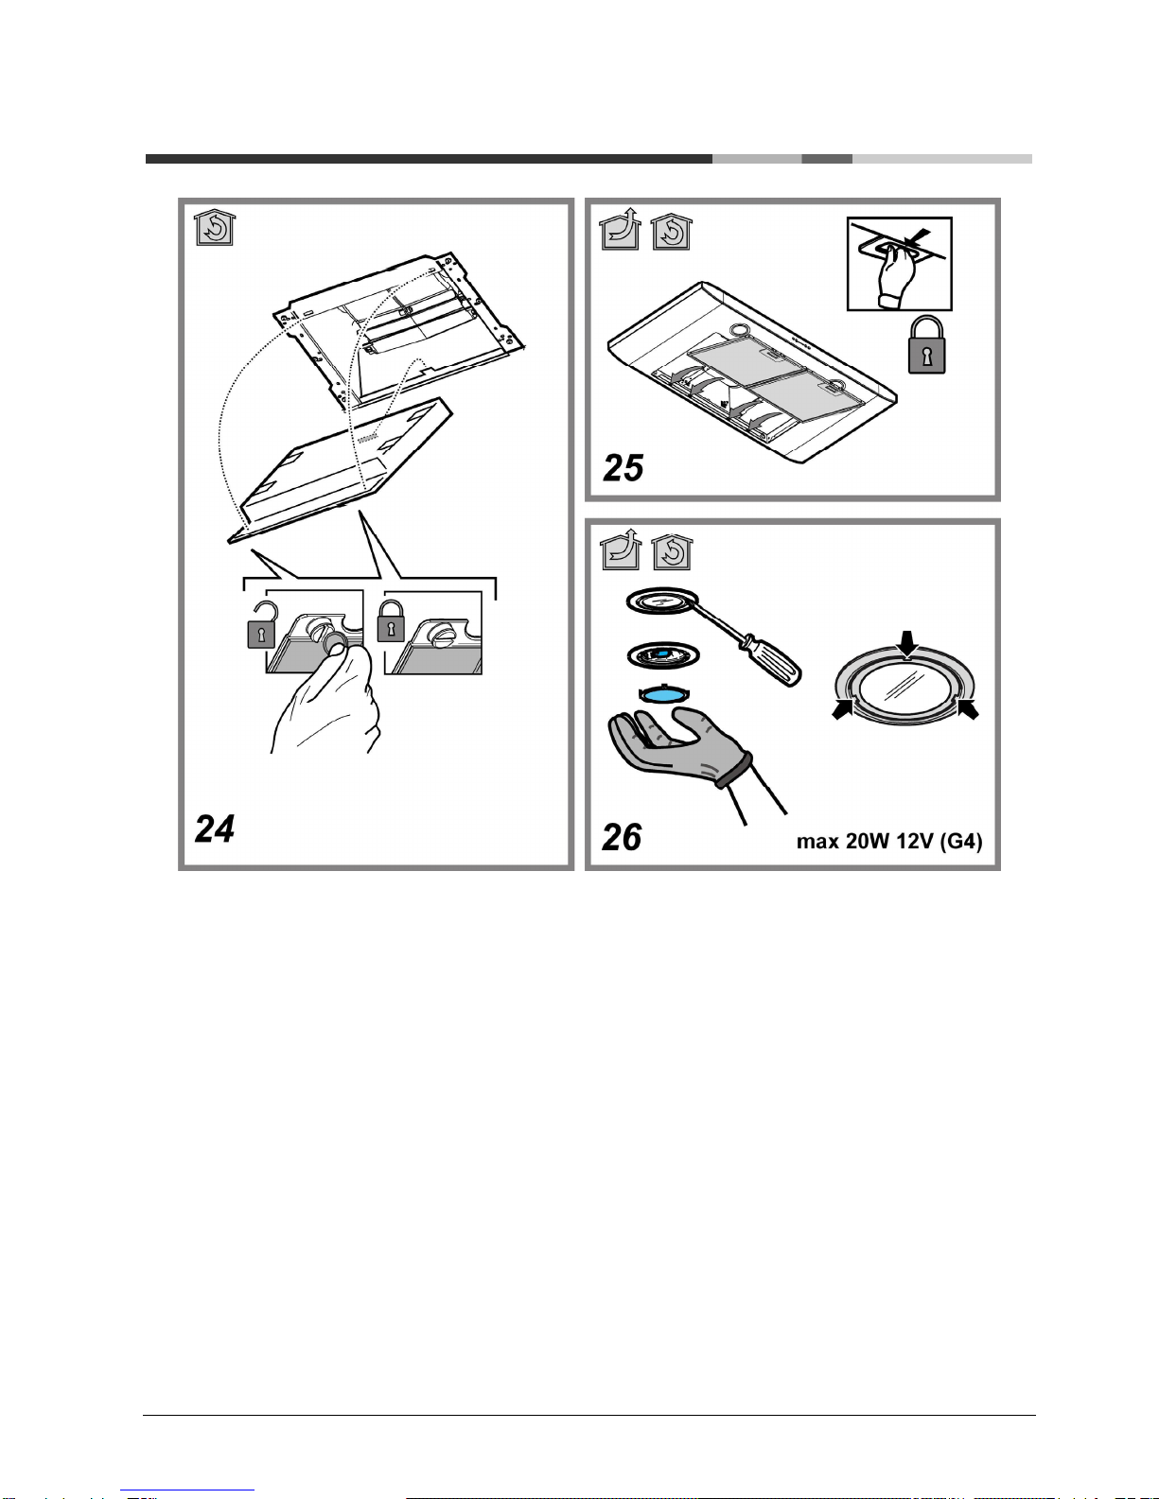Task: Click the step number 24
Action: click(215, 828)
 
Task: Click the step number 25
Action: click(623, 468)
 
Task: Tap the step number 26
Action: click(622, 837)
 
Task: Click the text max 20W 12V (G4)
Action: click(889, 842)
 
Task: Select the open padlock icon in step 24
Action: click(261, 625)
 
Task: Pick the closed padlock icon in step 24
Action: click(391, 620)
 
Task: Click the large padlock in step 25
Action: click(926, 345)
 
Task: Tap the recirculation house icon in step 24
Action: click(215, 227)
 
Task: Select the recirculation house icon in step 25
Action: click(671, 231)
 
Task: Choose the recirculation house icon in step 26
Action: click(672, 551)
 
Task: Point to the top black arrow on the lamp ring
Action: click(908, 644)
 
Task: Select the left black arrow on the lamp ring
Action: click(844, 709)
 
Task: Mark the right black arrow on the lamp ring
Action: click(968, 709)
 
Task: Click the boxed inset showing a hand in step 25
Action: click(900, 264)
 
